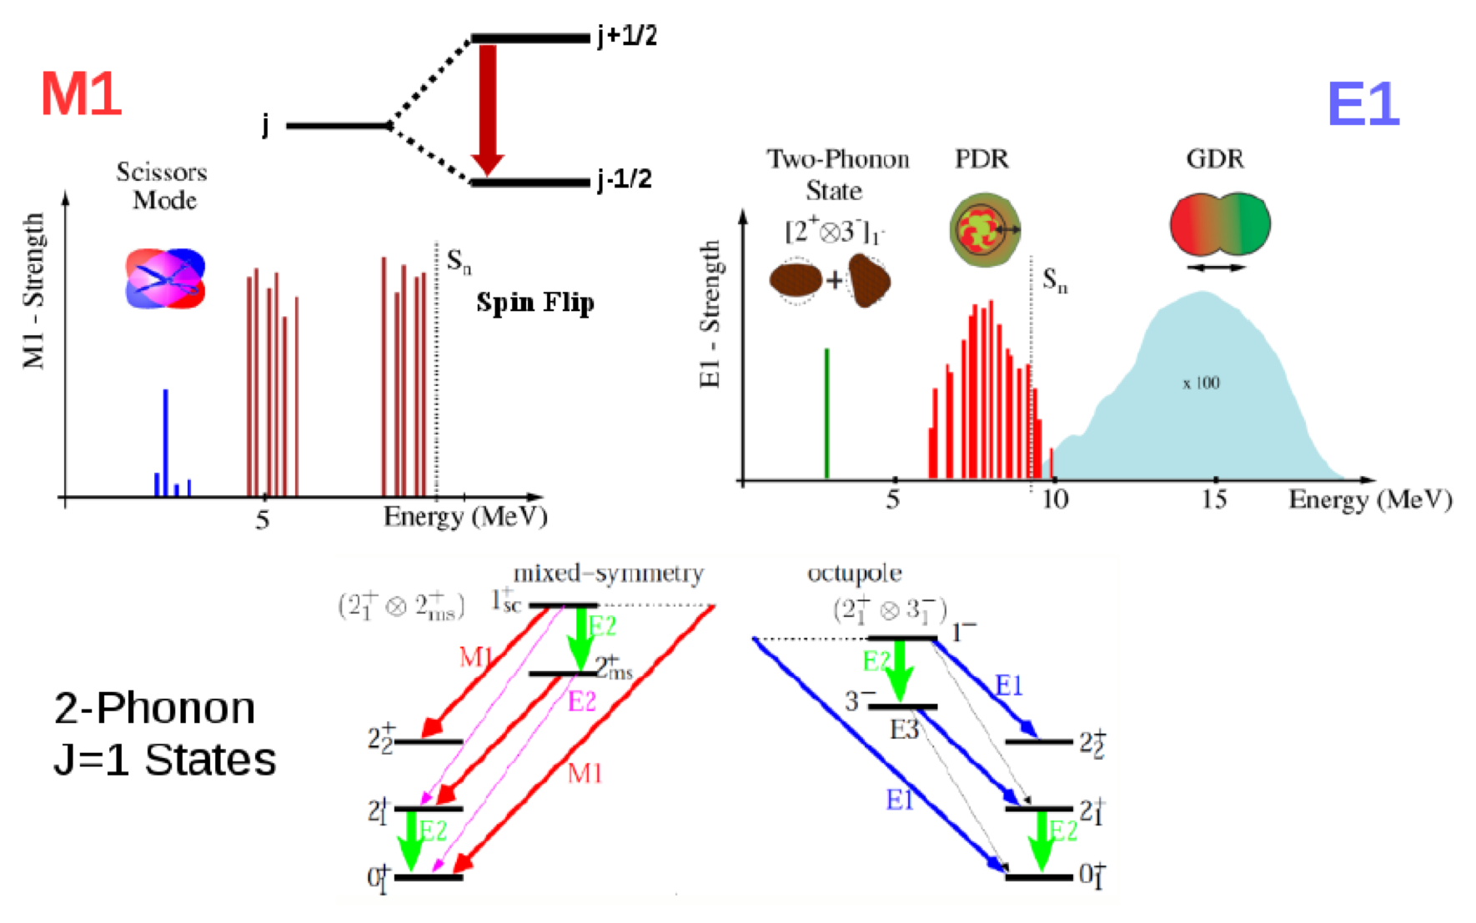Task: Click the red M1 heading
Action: [82, 93]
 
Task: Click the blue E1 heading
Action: [1363, 104]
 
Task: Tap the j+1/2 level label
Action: [627, 36]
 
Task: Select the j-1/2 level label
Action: [625, 179]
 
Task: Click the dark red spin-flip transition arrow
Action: [488, 108]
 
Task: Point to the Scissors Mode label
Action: [163, 186]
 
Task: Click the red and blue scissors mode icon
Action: [165, 278]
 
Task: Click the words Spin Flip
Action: [535, 302]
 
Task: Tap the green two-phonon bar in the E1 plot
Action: [826, 413]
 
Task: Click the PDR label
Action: [981, 158]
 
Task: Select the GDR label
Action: [1215, 158]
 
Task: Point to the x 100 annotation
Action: [1201, 384]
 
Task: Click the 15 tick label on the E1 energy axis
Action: [1214, 499]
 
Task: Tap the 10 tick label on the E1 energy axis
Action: [1054, 499]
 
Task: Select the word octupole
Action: [854, 574]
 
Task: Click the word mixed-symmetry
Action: [608, 574]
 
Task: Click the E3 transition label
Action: [904, 730]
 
